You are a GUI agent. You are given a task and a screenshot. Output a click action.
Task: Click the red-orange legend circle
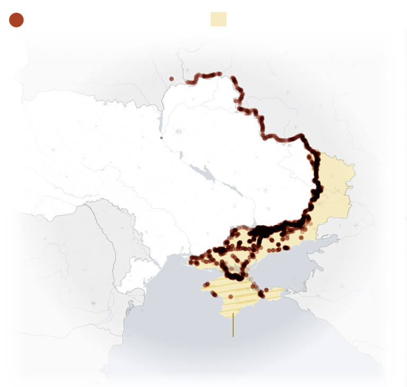[x=16, y=20]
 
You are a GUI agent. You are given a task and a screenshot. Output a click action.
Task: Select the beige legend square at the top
[x=218, y=19]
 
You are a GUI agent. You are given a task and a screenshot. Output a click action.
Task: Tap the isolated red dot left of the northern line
[x=171, y=79]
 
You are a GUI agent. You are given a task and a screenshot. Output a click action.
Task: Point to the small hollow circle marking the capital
[x=162, y=138]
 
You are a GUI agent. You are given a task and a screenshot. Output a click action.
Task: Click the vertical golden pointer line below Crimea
[x=233, y=324]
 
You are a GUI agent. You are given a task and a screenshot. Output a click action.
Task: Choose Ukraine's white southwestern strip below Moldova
[x=130, y=278]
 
